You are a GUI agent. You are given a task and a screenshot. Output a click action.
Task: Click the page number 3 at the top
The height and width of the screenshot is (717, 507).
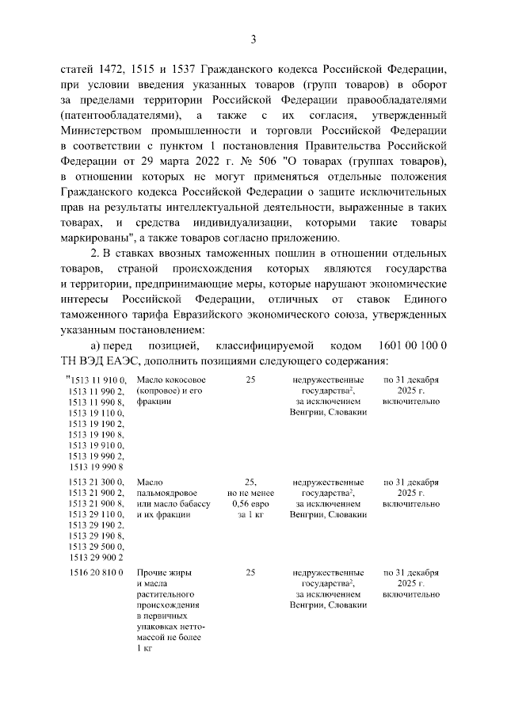point(253,39)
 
